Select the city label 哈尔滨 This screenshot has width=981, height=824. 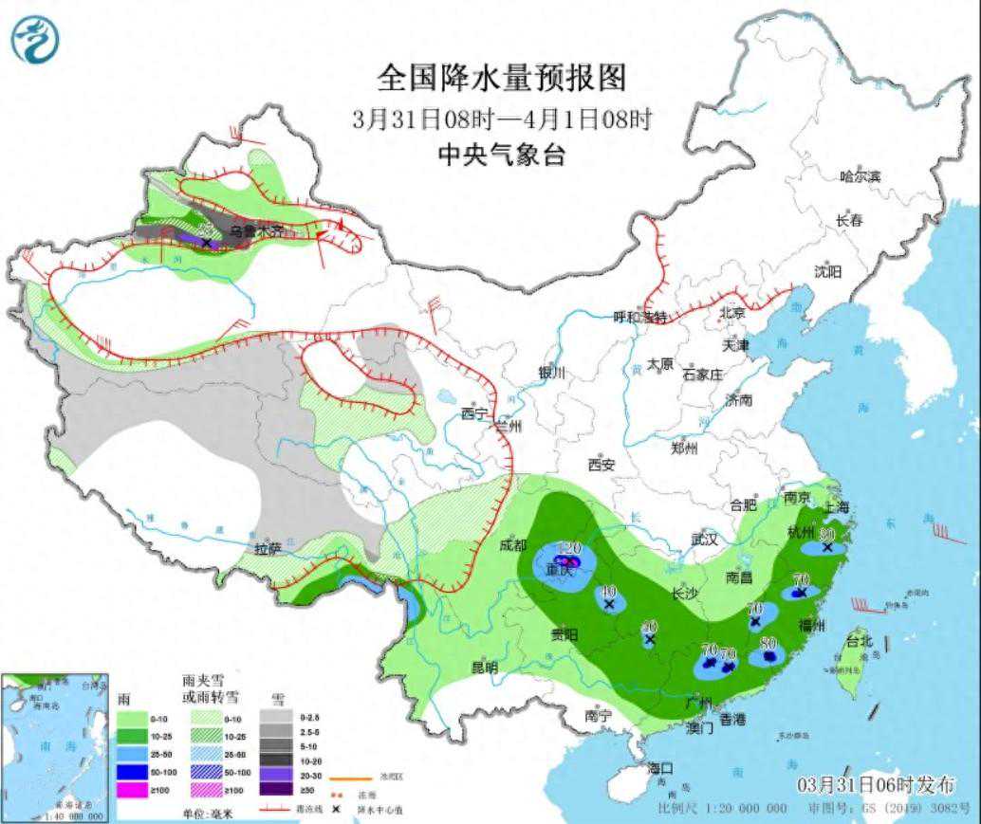click(860, 176)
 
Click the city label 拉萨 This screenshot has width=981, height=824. click(268, 549)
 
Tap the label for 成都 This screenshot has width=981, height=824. click(513, 544)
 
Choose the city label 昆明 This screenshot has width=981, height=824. click(484, 668)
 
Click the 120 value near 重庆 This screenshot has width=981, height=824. click(569, 549)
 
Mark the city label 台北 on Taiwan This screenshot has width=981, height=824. click(860, 641)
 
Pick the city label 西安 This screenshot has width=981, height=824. click(602, 465)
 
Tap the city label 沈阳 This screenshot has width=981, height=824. click(827, 272)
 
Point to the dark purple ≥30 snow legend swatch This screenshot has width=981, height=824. click(281, 789)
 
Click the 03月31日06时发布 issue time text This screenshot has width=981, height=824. click(876, 785)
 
